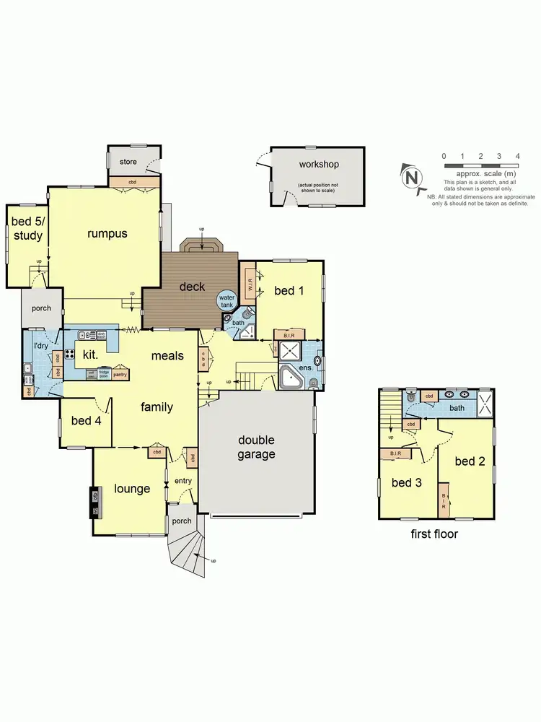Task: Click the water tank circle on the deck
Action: point(227,302)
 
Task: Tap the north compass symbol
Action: point(411,176)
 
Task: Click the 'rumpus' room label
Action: point(107,233)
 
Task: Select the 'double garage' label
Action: point(256,447)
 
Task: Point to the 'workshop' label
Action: point(318,165)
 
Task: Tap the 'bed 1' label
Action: point(289,290)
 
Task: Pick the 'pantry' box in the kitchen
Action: point(120,375)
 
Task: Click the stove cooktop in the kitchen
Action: point(71,354)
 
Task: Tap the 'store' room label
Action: point(128,162)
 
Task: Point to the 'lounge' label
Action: point(132,489)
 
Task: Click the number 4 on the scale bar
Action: point(517,156)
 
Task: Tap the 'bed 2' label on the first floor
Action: point(470,461)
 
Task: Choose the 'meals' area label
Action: point(167,355)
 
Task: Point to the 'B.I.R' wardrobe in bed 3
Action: point(395,453)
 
